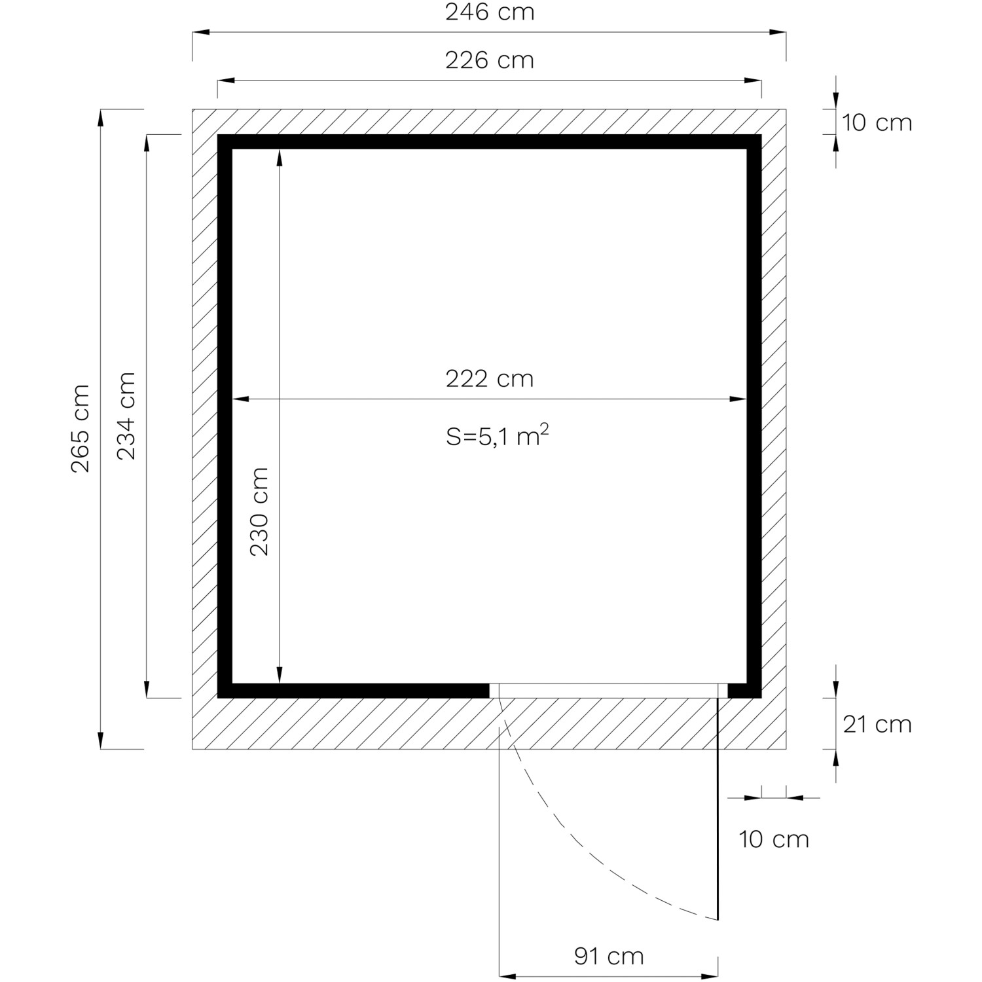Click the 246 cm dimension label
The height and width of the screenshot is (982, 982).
click(x=490, y=12)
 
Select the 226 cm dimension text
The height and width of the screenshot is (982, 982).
click(x=490, y=60)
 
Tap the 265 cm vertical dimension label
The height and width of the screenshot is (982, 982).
click(x=81, y=429)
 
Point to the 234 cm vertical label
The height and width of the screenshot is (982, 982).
click(x=126, y=416)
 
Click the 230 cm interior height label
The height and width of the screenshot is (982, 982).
click(x=259, y=512)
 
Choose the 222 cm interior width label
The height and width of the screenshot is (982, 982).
click(x=490, y=379)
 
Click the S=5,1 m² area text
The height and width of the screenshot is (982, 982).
click(x=498, y=435)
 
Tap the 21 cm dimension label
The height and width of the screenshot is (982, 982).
click(x=877, y=724)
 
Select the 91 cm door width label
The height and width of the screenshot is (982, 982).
click(x=609, y=956)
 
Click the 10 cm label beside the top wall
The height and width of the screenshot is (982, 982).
click(x=877, y=122)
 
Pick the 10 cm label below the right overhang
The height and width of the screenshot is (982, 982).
click(x=774, y=839)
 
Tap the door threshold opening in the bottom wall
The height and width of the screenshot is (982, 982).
click(x=608, y=691)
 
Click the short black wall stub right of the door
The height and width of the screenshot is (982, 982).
click(x=744, y=691)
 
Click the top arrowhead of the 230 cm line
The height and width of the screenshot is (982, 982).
click(x=280, y=157)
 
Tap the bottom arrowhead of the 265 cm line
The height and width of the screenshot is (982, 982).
click(x=100, y=740)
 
